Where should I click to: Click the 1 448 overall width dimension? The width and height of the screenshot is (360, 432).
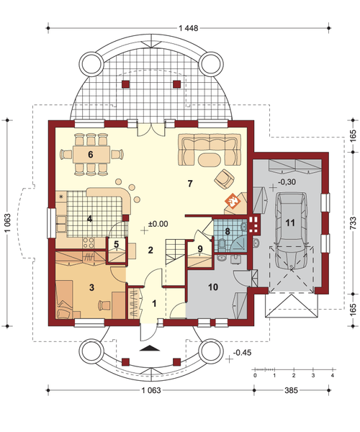click(x=189, y=28)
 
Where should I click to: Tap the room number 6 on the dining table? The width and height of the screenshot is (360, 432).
click(x=91, y=155)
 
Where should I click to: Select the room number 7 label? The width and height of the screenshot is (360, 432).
click(x=190, y=184)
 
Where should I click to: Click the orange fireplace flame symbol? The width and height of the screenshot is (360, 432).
click(x=233, y=201)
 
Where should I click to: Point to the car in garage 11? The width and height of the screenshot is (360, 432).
click(x=292, y=231)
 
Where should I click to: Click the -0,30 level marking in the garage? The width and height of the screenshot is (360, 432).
click(x=287, y=182)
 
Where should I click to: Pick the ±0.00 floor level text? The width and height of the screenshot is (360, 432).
click(x=158, y=224)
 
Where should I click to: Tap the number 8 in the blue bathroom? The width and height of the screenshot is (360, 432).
click(x=228, y=231)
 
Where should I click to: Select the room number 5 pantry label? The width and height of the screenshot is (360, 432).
click(x=116, y=244)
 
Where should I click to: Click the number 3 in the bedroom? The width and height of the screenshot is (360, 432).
click(x=91, y=287)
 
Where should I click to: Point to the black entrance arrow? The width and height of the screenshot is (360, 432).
click(x=150, y=348)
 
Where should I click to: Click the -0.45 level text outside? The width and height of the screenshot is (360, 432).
click(x=242, y=353)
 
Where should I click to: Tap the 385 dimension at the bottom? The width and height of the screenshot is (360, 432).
click(x=291, y=390)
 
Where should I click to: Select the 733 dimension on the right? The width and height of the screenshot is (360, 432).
click(x=353, y=222)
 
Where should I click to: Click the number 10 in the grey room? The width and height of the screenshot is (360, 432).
click(x=213, y=287)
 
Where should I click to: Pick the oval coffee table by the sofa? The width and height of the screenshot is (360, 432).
click(x=210, y=160)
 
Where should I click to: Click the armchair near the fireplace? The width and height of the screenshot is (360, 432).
click(x=225, y=179)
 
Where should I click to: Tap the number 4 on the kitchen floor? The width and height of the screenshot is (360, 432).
click(x=89, y=219)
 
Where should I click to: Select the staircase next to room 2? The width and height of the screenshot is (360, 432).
click(x=175, y=251)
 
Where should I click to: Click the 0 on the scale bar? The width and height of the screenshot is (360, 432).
click(x=256, y=376)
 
